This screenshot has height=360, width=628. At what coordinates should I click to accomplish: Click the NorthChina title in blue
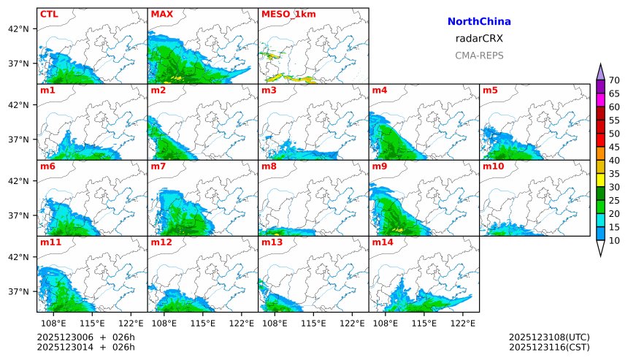point(479,22)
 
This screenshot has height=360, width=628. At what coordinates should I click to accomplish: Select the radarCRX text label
point(479,39)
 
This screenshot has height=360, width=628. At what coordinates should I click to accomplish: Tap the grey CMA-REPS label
point(479,55)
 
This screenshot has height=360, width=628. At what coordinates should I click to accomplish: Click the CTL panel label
point(49,14)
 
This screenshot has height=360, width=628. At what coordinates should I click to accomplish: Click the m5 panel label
point(490,91)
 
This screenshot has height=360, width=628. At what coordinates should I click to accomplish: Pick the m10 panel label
point(493,166)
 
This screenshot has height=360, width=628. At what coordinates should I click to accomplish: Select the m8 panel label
point(269,166)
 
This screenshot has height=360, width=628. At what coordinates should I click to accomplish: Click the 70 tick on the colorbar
point(614,80)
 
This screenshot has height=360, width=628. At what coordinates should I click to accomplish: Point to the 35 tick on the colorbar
point(614,174)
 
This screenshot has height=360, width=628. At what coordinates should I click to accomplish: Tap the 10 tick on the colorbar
point(614,240)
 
